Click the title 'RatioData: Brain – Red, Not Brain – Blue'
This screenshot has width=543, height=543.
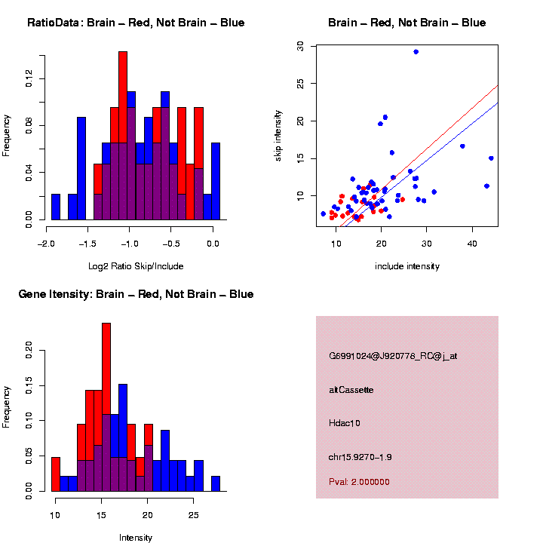click(x=136, y=23)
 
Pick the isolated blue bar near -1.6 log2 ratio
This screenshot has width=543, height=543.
click(x=81, y=167)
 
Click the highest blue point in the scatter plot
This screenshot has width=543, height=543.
click(x=416, y=51)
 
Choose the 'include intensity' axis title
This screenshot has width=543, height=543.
click(x=407, y=266)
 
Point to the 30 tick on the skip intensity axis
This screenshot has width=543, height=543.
click(x=300, y=46)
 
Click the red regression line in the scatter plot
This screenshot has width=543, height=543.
click(x=452, y=120)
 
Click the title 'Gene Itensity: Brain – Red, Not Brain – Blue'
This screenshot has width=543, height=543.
click(x=136, y=294)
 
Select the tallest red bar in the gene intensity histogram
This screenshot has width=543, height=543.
click(x=106, y=377)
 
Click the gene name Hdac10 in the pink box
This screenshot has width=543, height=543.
click(x=345, y=424)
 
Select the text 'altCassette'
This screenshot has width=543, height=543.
click(x=351, y=390)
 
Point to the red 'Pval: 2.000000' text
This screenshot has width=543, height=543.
click(x=359, y=482)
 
